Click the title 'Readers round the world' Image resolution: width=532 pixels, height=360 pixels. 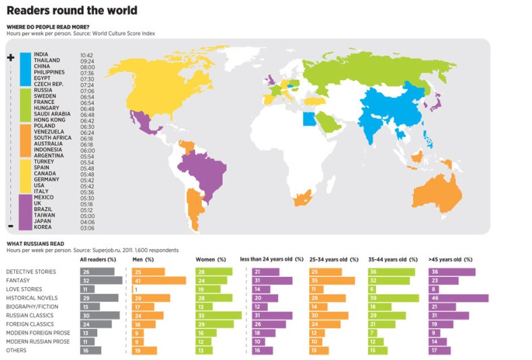[72, 10]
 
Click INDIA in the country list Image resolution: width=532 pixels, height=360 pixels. [41, 54]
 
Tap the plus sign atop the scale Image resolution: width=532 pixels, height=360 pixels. [11, 58]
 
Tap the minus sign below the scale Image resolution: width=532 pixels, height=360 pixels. [11, 226]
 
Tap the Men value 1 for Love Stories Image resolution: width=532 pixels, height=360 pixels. [136, 289]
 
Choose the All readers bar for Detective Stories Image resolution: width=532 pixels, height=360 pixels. [98, 272]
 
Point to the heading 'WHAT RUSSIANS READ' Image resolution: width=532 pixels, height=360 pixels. [36, 243]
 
